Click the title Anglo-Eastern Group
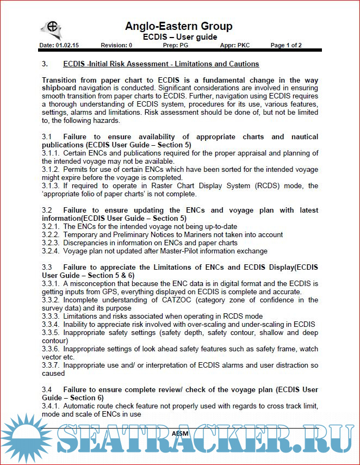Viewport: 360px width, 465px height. pos(179,26)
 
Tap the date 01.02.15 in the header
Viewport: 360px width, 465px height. pos(66,45)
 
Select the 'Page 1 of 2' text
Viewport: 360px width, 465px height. pos(286,45)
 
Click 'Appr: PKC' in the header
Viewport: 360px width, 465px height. pos(235,45)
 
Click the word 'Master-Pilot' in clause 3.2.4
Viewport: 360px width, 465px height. pos(181,251)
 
